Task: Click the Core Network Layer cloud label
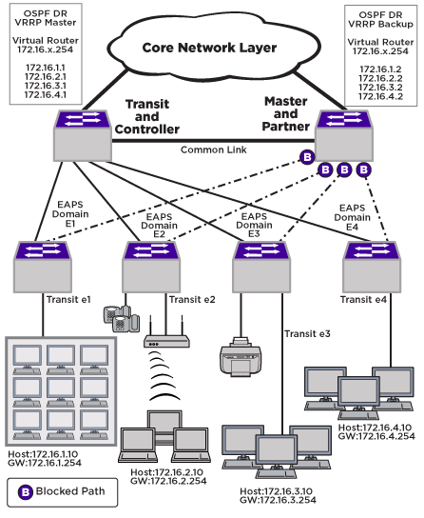[x=209, y=48]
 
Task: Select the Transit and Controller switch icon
[x=83, y=135]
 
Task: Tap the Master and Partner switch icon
[x=344, y=135]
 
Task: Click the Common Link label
[x=213, y=149]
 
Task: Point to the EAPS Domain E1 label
[x=70, y=214]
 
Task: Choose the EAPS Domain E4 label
[x=352, y=217]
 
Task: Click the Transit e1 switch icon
[x=43, y=267]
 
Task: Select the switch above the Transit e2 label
[x=151, y=267]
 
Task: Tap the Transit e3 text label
[x=307, y=334]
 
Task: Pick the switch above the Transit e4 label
[x=372, y=267]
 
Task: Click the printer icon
[x=241, y=357]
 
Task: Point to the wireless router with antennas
[x=166, y=332]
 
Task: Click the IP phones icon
[x=122, y=318]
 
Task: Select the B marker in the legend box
[x=26, y=492]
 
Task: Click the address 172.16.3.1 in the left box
[x=46, y=86]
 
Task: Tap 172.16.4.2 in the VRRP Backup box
[x=380, y=96]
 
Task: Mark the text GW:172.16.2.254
[x=168, y=481]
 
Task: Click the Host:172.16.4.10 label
[x=375, y=428]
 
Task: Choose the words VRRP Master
[x=46, y=23]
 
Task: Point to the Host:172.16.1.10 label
[x=43, y=454]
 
